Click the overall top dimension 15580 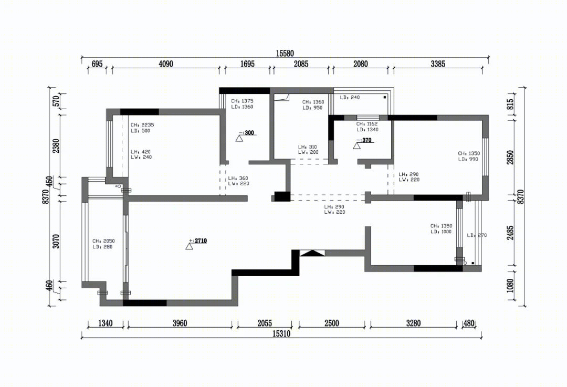[x=285, y=54]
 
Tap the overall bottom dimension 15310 [x=281, y=333]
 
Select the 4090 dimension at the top [x=165, y=64]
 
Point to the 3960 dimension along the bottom [x=180, y=323]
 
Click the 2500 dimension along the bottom [x=332, y=323]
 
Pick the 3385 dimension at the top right [x=438, y=64]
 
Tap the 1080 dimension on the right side [x=510, y=285]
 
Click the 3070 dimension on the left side [x=56, y=241]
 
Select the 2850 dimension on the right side [x=510, y=158]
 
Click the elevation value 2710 [x=201, y=240]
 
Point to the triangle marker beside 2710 [x=189, y=246]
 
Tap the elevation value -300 [x=249, y=133]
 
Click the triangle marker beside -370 [x=357, y=146]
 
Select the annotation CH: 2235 [x=142, y=125]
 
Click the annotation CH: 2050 [x=103, y=241]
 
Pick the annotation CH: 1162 [x=367, y=124]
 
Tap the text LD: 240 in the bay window [x=350, y=97]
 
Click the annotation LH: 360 [x=238, y=179]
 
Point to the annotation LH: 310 [x=307, y=147]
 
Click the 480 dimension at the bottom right [x=469, y=323]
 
